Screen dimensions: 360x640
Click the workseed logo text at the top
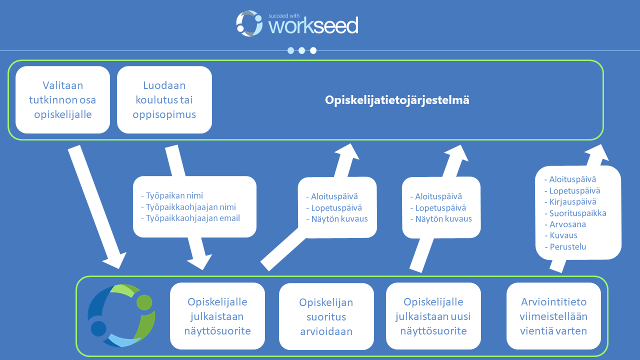tap(313, 25)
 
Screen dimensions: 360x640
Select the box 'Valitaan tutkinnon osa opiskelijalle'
tap(63, 100)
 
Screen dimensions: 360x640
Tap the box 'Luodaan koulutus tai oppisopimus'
tap(164, 100)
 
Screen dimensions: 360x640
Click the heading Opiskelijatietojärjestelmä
tap(397, 100)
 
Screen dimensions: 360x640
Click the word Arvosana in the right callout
tap(567, 224)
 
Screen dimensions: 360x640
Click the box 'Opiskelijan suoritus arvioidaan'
tap(326, 316)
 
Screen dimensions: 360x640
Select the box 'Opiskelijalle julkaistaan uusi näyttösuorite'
tap(433, 316)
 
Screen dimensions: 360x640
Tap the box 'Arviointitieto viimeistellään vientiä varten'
tap(553, 316)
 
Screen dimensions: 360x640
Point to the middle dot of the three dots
tap(302, 50)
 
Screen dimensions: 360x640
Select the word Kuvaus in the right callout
tap(563, 235)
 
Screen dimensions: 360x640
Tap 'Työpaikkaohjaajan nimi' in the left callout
tap(191, 207)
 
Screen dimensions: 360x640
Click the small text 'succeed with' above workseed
tap(283, 15)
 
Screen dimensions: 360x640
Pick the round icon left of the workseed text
tap(249, 23)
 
